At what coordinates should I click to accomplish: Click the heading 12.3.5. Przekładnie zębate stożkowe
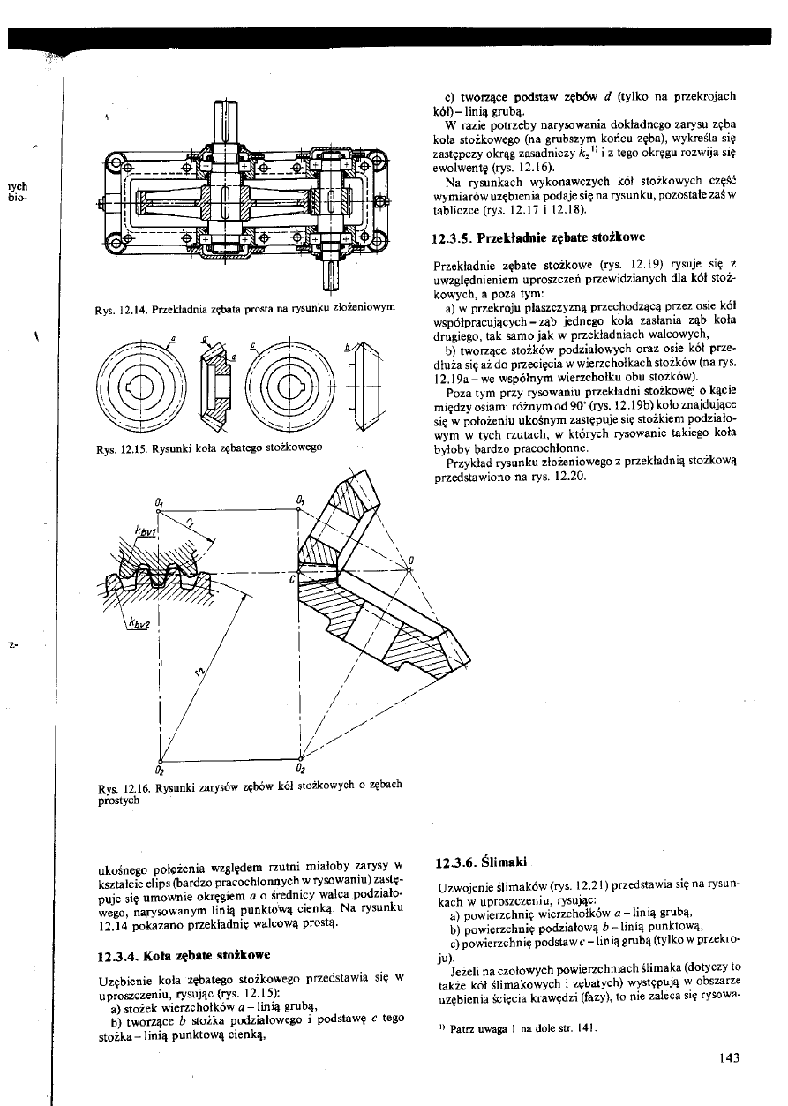click(539, 238)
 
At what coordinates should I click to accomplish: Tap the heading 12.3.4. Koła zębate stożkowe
click(188, 955)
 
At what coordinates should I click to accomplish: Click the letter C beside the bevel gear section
click(290, 581)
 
